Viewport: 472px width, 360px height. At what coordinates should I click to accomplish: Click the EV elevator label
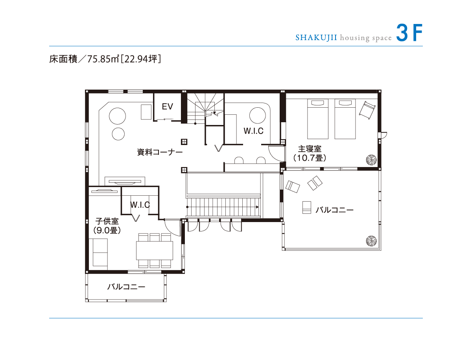tap(167, 107)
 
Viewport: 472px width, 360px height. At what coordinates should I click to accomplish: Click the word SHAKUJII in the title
tap(316, 38)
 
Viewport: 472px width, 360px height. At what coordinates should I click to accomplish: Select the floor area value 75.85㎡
tap(103, 59)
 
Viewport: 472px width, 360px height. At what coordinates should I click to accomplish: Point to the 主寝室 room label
tap(310, 149)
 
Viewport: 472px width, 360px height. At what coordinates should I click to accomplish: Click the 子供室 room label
tap(107, 221)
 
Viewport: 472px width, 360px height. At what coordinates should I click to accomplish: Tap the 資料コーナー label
tap(160, 152)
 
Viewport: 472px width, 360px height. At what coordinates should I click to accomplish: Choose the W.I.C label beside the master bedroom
tap(254, 131)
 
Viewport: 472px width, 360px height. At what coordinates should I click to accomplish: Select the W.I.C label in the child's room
tap(140, 205)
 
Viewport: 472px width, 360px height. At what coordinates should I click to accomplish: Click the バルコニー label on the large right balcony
tap(334, 210)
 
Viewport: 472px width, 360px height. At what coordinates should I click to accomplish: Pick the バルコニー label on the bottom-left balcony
tap(126, 287)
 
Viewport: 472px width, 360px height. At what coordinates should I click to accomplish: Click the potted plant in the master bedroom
tap(371, 160)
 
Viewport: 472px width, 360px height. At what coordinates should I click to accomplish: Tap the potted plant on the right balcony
tap(371, 241)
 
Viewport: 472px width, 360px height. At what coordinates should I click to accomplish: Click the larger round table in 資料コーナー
tap(117, 116)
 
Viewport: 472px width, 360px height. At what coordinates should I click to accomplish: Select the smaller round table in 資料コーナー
tap(118, 134)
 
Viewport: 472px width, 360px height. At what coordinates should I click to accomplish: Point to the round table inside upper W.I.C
tap(257, 116)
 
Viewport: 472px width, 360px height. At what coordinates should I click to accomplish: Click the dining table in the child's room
tap(155, 250)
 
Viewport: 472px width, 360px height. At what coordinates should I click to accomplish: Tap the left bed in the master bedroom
tap(317, 119)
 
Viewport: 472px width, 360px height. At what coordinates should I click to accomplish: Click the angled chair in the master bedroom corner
tap(367, 110)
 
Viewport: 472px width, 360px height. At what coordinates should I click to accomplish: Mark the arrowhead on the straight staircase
tap(257, 207)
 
